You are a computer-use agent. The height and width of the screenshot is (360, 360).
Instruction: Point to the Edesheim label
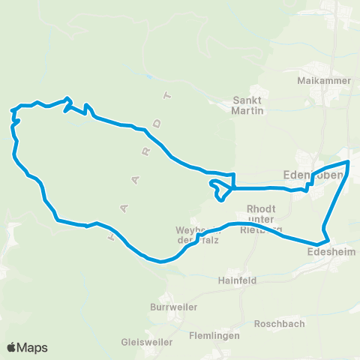coord(326,253)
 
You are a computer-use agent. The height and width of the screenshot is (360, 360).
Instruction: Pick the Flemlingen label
coord(214,335)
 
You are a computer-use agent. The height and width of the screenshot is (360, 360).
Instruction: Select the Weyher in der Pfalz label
coord(196,234)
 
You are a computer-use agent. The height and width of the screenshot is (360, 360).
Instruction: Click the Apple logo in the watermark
coord(12,347)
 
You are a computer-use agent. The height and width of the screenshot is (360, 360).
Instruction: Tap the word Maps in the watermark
coord(33,347)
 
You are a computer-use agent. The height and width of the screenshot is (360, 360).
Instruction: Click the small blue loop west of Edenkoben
coord(220,189)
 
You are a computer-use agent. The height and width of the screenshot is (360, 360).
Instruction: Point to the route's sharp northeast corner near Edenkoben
coord(348,162)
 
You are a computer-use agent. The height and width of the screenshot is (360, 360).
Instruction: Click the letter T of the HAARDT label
coord(169,96)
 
